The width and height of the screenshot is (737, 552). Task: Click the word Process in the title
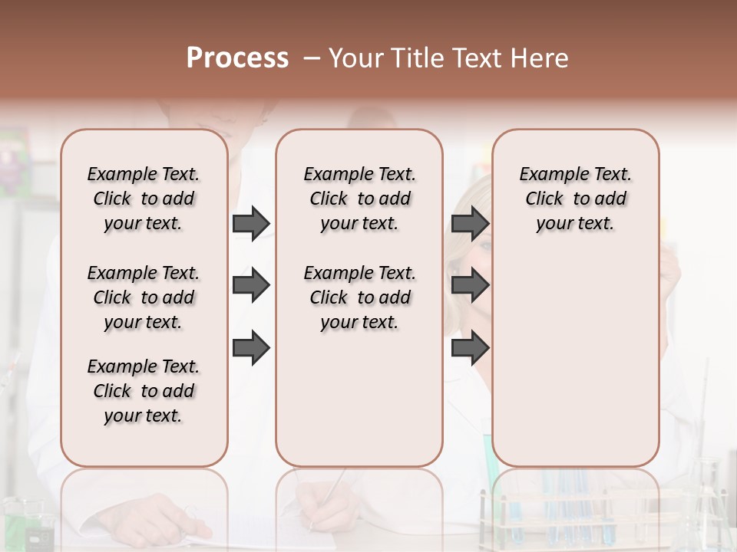237,58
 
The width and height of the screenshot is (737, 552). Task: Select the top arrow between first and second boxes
251,223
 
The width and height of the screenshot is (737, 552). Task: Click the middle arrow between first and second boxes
251,286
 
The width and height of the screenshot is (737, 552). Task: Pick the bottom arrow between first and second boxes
251,349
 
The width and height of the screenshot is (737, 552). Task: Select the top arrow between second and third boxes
470,223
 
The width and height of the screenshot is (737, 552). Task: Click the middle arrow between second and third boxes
470,286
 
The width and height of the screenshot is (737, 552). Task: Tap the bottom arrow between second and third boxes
470,349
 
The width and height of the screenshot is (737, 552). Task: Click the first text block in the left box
144,199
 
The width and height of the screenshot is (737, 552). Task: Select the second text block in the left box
144,297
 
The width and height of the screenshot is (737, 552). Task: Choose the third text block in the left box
144,391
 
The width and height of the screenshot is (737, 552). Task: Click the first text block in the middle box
359,199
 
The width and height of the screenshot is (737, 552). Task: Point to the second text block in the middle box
359,297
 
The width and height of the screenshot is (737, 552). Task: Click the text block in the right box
575,199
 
